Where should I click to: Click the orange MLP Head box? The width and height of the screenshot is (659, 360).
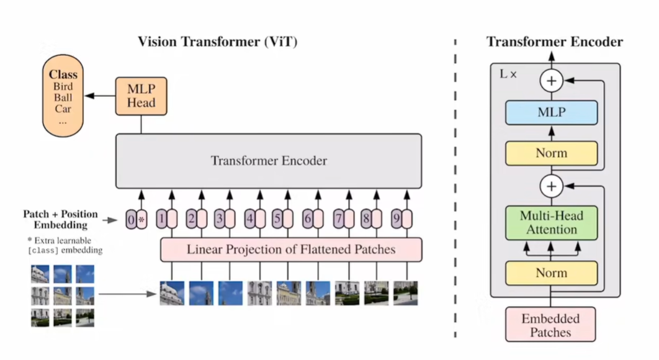(x=141, y=96)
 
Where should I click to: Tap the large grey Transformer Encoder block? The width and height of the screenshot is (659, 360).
(x=269, y=161)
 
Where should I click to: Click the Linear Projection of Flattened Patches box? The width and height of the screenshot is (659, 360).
(x=291, y=250)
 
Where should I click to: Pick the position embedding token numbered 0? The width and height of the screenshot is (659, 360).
(x=130, y=219)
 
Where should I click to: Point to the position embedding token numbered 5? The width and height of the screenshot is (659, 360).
(x=278, y=219)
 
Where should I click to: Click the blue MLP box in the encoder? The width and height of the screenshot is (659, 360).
(x=551, y=114)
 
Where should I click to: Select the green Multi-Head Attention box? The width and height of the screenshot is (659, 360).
(x=551, y=223)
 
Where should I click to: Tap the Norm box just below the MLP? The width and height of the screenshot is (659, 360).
(x=551, y=153)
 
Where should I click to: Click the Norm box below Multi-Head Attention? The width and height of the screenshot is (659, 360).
(x=551, y=273)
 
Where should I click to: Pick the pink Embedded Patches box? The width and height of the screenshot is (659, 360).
(x=550, y=325)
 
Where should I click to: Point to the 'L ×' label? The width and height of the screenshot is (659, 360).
(x=509, y=73)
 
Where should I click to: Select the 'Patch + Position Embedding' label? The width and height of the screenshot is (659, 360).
(x=60, y=219)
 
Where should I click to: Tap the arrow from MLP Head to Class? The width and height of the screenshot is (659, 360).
(x=99, y=96)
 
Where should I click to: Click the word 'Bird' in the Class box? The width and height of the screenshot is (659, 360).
(x=62, y=86)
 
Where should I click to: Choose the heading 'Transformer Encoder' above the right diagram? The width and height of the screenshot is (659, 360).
(x=554, y=42)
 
